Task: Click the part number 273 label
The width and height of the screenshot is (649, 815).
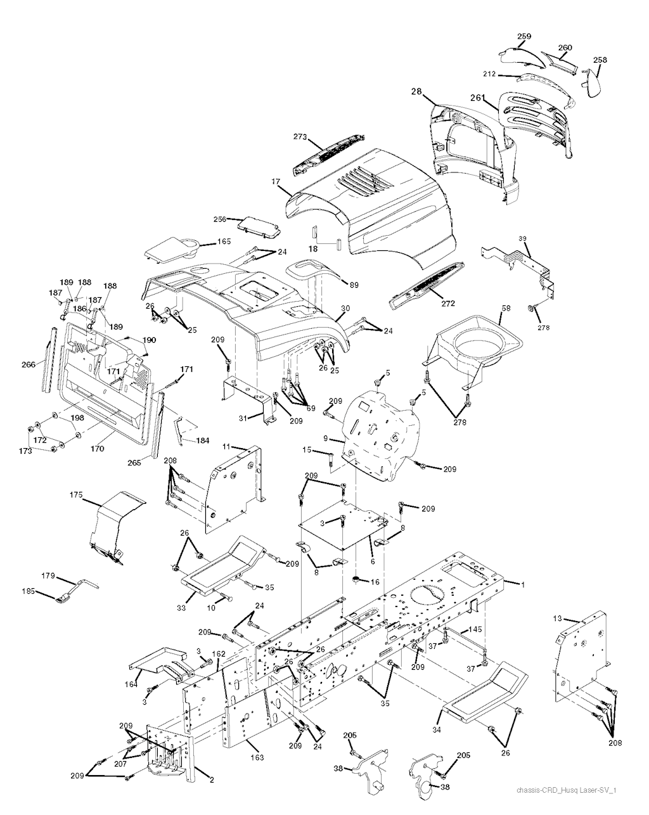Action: tap(300, 136)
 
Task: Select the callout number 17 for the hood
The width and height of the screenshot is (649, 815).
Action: tap(276, 182)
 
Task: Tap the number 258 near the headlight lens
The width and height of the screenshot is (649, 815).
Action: tap(600, 60)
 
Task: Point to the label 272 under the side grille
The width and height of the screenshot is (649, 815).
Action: tap(448, 303)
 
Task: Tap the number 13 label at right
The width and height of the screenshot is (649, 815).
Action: tap(557, 618)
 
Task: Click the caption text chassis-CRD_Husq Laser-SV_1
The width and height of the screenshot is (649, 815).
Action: tap(567, 790)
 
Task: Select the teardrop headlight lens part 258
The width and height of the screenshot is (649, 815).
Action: tap(595, 83)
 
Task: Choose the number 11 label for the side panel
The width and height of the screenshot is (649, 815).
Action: tap(226, 447)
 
